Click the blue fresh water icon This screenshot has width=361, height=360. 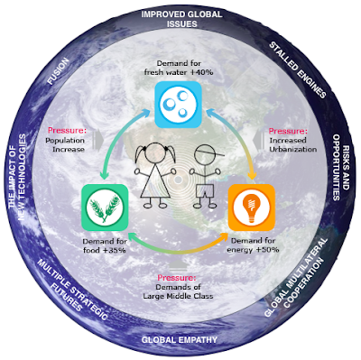pos(178,105)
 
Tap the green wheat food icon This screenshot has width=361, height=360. pos(105,208)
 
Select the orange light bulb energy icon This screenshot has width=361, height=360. pos(252,208)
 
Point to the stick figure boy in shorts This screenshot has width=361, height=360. pos(206,176)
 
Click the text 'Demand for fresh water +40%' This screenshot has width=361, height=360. pos(179,68)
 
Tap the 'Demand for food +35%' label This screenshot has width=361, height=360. pos(105,245)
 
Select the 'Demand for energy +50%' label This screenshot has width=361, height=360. pos(253,245)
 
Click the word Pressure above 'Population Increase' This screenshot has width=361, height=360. pos(67,131)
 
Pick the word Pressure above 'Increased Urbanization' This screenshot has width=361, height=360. pos(288,131)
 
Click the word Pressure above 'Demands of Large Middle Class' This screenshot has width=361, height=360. pos(177,278)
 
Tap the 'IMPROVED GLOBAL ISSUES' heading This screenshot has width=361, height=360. pos(181,19)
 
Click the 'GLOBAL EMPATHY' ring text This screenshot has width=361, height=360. pos(180,340)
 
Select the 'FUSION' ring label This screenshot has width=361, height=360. pos(58,71)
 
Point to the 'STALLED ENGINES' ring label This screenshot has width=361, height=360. pos(298,70)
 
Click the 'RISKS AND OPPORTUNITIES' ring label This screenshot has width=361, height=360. pos(341,167)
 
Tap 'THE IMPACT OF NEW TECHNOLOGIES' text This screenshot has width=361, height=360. pos(17,178)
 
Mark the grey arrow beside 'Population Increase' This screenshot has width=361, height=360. pos(98,140)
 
